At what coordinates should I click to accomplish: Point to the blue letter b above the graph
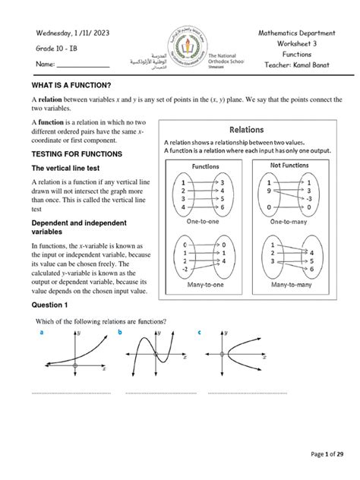[x=119, y=333]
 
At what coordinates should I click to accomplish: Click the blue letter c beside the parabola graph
[x=199, y=333]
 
